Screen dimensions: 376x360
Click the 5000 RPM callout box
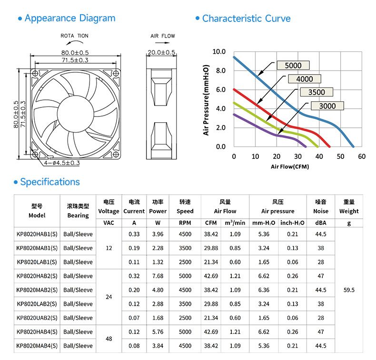pos(293,65)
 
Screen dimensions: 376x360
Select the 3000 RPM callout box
pos(327,106)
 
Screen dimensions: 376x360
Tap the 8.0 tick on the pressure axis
pos(221,70)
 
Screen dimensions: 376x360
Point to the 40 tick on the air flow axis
pos(319,156)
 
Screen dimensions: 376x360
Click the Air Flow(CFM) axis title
pos(290,166)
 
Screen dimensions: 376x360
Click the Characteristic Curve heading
pos(246,19)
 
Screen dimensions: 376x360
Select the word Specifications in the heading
pos(50,182)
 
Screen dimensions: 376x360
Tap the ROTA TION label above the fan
pos(74,36)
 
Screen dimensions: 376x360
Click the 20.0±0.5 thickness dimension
pos(161,52)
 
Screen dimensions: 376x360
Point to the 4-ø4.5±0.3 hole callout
pos(62,163)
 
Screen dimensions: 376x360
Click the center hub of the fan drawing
pos(75,114)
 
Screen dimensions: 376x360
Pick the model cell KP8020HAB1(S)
pos(37,234)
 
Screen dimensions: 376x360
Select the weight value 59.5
pos(349,290)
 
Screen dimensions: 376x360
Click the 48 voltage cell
pos(109,339)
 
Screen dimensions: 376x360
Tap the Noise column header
pos(321,211)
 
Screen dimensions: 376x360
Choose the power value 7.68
pos(158,276)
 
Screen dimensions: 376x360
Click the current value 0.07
pos(134,318)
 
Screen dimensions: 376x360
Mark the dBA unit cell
pos(321,223)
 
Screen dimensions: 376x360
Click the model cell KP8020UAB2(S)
pos(37,318)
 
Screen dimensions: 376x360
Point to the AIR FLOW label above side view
pos(163,36)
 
